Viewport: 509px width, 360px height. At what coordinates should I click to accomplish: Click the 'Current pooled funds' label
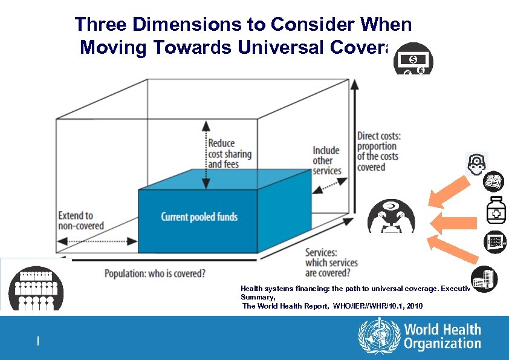tap(199, 217)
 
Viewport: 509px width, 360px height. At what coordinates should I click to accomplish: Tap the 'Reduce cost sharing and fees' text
tap(230, 154)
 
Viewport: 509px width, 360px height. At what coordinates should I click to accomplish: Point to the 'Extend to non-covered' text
tap(81, 221)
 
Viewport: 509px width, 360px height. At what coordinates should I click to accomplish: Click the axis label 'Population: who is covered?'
tap(155, 273)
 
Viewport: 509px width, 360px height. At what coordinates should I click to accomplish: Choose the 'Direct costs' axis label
tap(378, 151)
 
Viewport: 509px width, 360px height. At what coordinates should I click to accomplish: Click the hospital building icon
tap(484, 279)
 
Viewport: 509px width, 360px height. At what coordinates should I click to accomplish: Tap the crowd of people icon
tap(36, 288)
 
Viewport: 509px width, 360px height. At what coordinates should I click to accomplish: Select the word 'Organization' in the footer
tap(443, 344)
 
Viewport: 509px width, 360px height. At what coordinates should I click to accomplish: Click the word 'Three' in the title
tap(101, 25)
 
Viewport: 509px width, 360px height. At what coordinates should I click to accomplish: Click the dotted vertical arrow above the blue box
tap(206, 155)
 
